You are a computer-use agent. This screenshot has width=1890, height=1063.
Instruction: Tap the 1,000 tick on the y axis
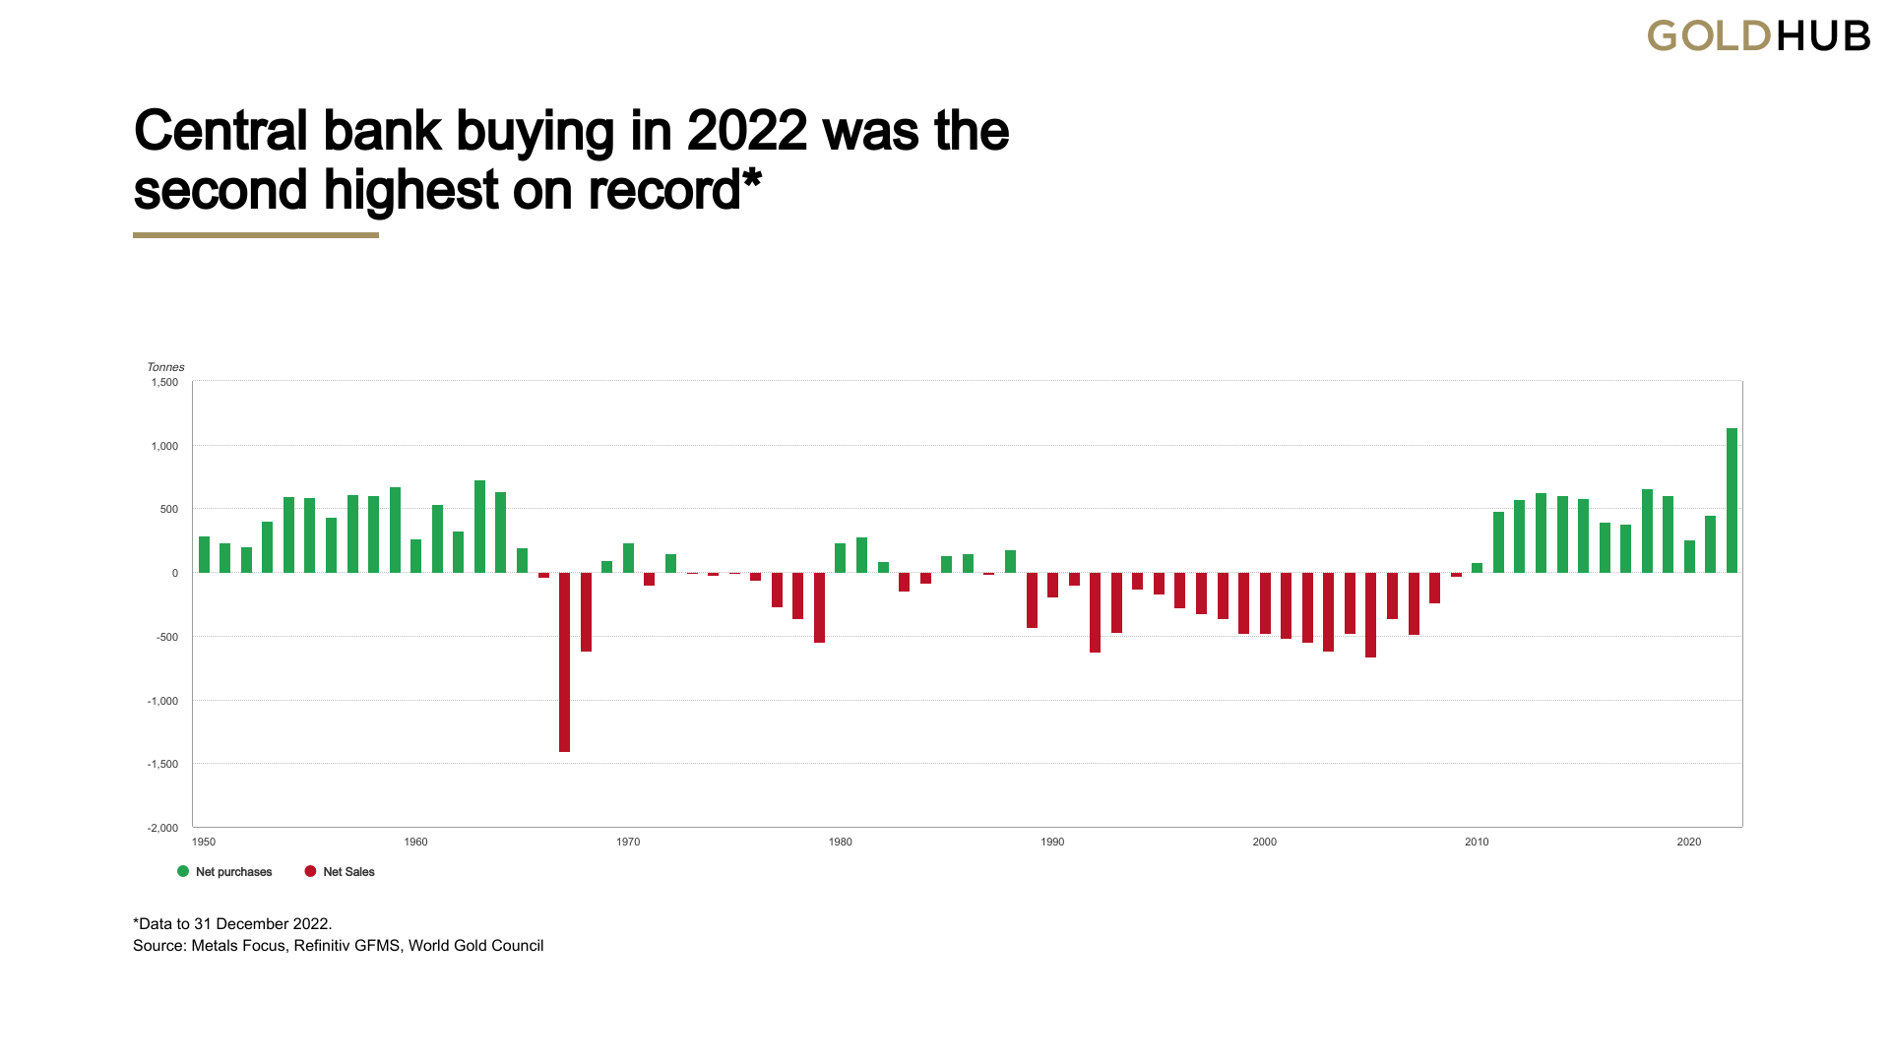click(x=164, y=446)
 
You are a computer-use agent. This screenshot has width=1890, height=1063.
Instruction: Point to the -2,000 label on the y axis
click(x=162, y=828)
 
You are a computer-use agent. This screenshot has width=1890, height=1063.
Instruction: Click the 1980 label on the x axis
click(x=840, y=842)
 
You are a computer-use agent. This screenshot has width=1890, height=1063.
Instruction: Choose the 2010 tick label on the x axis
click(x=1477, y=842)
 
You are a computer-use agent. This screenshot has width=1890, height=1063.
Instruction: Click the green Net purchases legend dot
click(x=183, y=871)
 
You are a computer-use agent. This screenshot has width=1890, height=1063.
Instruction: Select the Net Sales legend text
click(x=348, y=872)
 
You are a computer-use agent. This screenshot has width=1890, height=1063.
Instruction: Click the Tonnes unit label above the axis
click(x=165, y=367)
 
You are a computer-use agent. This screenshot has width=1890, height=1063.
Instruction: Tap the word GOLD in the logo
click(x=1709, y=36)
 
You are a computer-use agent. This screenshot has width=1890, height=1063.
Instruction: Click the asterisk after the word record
click(x=753, y=180)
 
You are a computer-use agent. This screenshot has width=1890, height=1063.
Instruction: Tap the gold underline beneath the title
click(x=256, y=235)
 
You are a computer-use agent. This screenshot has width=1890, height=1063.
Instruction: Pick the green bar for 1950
click(x=204, y=554)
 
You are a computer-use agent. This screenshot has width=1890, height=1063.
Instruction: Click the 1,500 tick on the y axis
click(x=164, y=382)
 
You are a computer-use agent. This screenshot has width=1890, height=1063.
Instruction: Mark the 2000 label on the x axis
click(x=1264, y=842)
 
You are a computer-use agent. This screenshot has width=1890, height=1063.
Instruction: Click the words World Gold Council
click(x=475, y=945)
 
